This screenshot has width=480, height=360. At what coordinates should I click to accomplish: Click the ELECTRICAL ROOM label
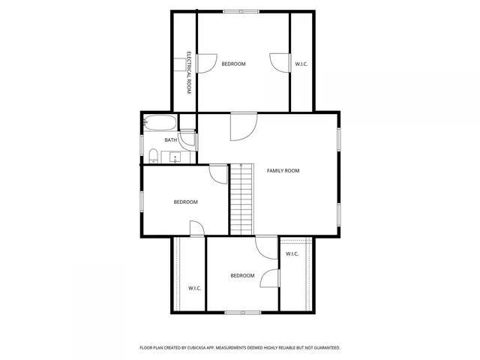click(190, 72)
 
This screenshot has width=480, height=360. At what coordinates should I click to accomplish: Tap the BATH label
click(171, 140)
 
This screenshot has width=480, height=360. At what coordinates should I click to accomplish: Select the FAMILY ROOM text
click(283, 171)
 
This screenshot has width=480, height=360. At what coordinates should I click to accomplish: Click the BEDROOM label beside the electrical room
click(233, 64)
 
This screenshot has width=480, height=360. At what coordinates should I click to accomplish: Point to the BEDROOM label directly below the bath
click(185, 202)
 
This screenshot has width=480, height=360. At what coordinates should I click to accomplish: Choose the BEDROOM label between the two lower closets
click(242, 276)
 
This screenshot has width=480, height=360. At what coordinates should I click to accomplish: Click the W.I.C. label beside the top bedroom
click(301, 64)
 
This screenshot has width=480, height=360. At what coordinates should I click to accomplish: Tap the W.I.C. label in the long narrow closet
click(194, 288)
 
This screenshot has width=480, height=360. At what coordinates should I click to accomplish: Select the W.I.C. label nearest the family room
click(292, 254)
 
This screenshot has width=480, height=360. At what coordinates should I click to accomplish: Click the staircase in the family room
click(241, 199)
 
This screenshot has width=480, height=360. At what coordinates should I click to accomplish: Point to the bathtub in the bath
click(160, 123)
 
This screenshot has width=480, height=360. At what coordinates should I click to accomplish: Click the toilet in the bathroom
click(153, 156)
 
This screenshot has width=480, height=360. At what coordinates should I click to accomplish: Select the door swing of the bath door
click(187, 139)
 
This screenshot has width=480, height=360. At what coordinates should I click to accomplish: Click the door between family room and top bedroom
click(243, 126)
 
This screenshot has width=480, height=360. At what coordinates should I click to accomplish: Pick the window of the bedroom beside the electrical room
click(242, 11)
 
